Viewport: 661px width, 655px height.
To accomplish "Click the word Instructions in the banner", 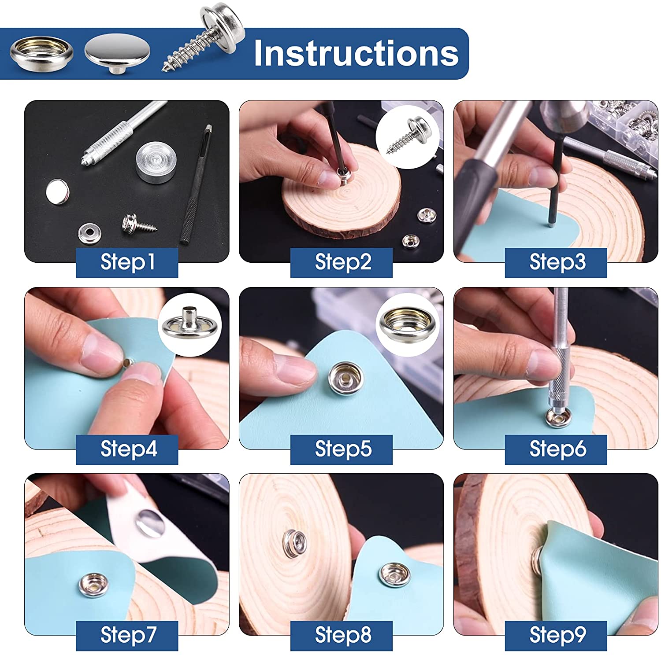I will coord(356,53).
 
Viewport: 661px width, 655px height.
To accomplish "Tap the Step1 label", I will coord(127,262).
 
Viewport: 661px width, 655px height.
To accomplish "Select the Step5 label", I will coord(342,449).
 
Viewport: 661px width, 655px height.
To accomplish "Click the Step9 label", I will coord(556,636).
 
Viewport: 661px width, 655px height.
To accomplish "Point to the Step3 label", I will coord(556,262).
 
